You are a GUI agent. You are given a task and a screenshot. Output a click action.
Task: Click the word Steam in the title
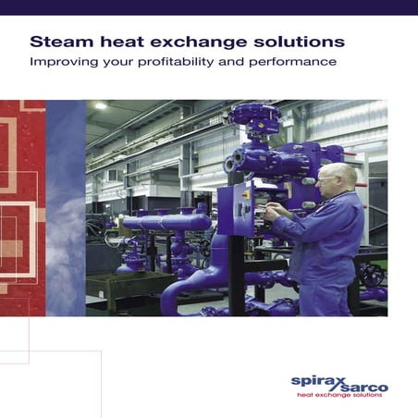(x=57, y=43)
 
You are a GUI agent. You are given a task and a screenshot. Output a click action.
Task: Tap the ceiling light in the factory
(x=100, y=105)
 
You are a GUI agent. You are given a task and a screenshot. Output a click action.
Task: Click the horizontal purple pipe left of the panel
(x=166, y=222)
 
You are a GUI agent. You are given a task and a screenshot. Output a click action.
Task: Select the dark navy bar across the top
(x=209, y=7)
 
